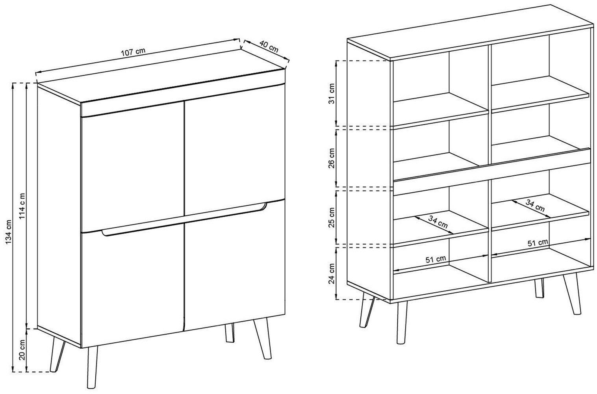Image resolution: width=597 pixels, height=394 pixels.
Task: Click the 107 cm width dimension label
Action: [x=133, y=52]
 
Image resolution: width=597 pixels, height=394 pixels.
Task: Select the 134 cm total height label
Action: [x=9, y=231]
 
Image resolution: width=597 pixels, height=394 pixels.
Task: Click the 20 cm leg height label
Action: [x=22, y=350]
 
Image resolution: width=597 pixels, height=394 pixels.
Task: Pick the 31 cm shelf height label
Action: [x=331, y=94]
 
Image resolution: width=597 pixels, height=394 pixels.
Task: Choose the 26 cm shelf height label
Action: [x=331, y=159]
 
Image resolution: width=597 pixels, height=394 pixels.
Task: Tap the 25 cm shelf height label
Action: [x=331, y=217]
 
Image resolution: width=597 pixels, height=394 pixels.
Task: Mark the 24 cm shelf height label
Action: [x=331, y=274]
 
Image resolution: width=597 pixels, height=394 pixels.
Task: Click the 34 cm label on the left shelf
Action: [x=438, y=222]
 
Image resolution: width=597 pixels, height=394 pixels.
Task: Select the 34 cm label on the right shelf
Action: [x=535, y=206]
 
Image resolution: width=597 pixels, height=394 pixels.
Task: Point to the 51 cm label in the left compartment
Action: [x=436, y=259]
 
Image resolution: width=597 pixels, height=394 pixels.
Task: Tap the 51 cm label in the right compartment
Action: [x=538, y=243]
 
